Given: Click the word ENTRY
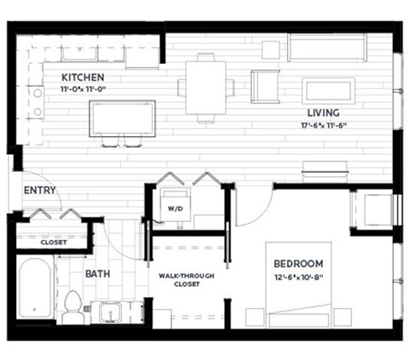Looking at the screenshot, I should click(x=40, y=190).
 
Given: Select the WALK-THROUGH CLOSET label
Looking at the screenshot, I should click(x=186, y=281).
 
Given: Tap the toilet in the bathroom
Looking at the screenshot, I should click(x=73, y=306).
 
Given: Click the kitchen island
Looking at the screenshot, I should click(x=123, y=117).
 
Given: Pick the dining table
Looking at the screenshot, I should click(x=206, y=85).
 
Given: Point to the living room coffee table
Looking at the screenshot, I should click(x=328, y=89).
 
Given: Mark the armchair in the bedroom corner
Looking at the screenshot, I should click(x=372, y=209).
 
